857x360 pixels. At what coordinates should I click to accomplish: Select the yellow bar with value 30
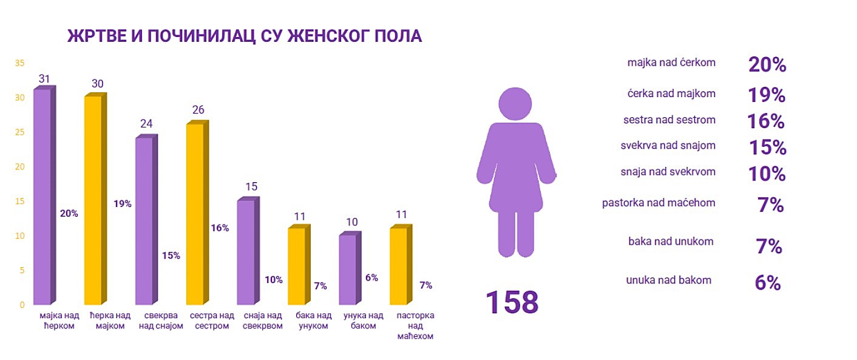click(93, 200)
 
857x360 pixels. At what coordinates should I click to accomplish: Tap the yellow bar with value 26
click(195, 214)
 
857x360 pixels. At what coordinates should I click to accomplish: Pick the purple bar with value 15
click(246, 252)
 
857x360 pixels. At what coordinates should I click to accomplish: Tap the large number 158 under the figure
click(512, 302)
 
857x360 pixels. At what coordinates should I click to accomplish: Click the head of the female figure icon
click(515, 104)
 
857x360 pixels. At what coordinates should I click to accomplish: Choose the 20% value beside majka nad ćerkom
click(767, 65)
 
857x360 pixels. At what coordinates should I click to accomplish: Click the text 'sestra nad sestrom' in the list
click(669, 120)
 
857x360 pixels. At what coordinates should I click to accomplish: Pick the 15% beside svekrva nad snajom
click(767, 148)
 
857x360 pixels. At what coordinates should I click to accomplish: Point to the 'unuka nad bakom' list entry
click(668, 280)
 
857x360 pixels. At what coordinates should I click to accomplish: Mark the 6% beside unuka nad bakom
click(767, 283)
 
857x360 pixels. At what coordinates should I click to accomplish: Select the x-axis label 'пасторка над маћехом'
click(415, 326)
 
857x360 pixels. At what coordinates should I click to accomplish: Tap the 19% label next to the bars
click(123, 204)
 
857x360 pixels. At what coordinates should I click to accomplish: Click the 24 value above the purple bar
click(146, 124)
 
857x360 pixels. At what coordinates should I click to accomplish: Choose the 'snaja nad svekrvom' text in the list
click(669, 172)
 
